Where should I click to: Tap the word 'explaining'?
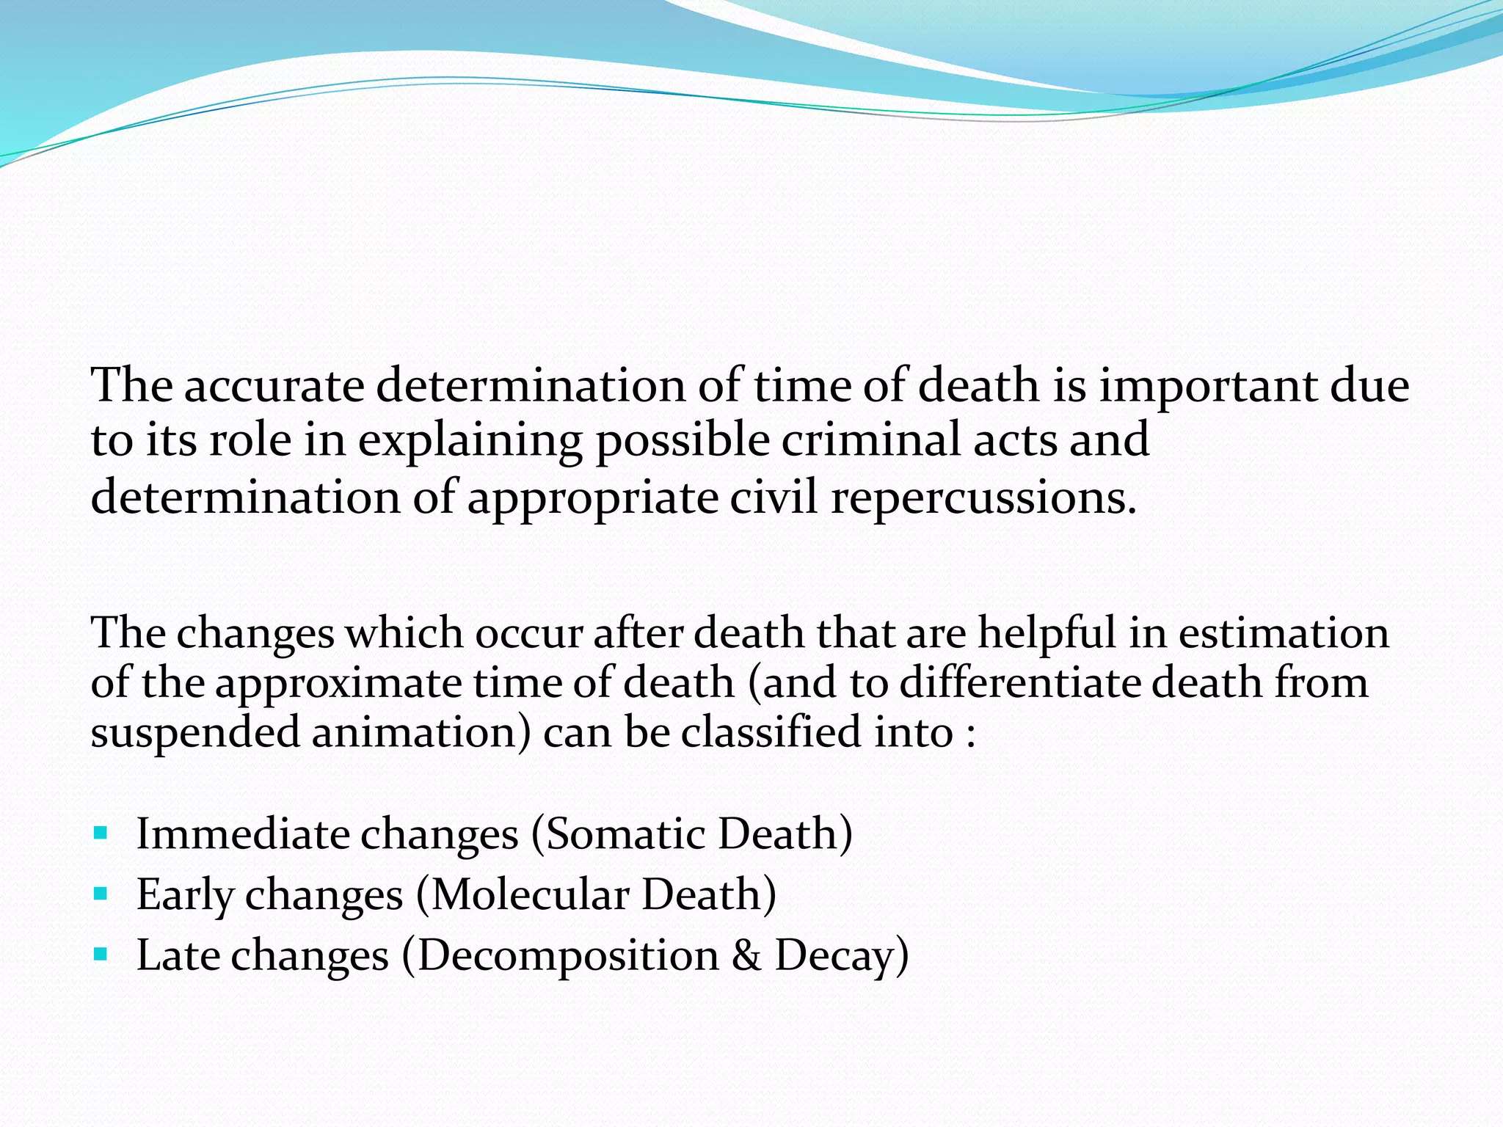[x=470, y=442]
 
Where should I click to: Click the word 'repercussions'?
[x=983, y=499]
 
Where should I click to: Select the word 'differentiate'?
[x=1019, y=682]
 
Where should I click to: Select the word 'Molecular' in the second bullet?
[x=530, y=895]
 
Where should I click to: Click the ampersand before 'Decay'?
[x=746, y=955]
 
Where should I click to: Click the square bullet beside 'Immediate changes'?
[x=101, y=834]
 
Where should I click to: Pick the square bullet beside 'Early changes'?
[x=101, y=894]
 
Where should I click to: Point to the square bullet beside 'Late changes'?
[x=101, y=955]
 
